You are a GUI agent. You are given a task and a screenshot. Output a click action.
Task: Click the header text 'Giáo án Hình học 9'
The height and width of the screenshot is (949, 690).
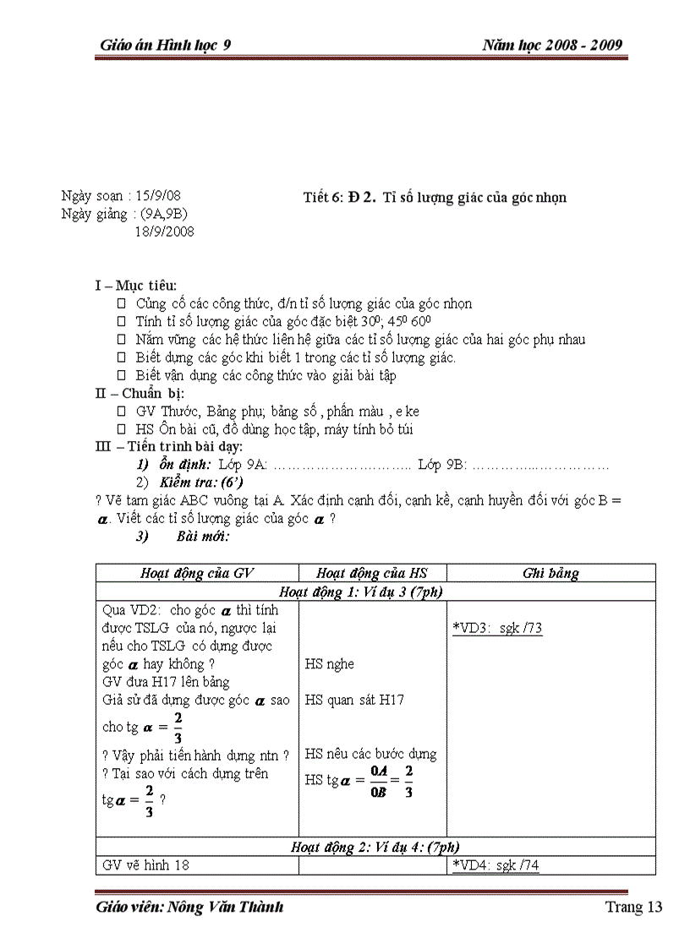pos(165,46)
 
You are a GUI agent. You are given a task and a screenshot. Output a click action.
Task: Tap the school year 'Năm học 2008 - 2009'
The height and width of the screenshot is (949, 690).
pos(554,46)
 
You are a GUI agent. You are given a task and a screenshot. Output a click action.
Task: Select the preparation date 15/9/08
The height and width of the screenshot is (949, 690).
pos(164,196)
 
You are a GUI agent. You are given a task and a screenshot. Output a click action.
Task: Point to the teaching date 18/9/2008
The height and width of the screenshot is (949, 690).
pos(164,231)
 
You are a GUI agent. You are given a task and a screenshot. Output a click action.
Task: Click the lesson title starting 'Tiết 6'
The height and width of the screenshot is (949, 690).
pos(435,198)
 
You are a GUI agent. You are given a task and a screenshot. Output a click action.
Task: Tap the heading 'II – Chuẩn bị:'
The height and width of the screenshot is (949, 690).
pos(140,393)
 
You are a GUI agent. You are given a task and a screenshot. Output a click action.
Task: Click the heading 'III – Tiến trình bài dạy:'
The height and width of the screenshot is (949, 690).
pos(168,446)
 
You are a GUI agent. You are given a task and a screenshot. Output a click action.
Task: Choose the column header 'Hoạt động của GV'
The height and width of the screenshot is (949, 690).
pos(197,573)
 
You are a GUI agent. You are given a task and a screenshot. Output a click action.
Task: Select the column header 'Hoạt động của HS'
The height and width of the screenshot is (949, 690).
pos(373,573)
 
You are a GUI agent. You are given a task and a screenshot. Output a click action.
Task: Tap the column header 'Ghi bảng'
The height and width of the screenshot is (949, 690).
pos(550,573)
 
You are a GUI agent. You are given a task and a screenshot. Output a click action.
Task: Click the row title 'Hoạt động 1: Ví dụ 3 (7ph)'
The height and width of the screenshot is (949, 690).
pos(361,592)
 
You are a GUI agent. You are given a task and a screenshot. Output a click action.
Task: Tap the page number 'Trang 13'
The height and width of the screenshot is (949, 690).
pos(633,908)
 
